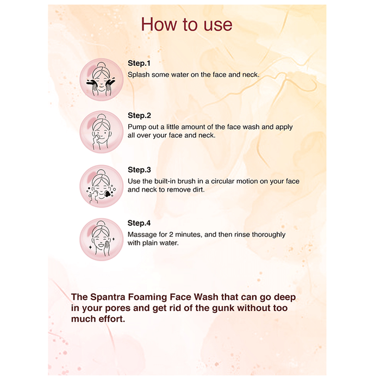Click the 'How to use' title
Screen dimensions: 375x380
tap(186, 24)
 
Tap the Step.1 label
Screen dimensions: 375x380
tap(139, 64)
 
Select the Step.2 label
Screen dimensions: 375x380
tap(139, 116)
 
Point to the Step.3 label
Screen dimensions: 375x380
tap(139, 170)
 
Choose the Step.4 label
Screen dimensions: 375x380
tap(139, 223)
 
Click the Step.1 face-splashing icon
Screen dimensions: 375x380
tap(102, 79)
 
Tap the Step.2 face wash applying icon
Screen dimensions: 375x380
tap(102, 132)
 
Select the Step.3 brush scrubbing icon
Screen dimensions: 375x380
tap(102, 186)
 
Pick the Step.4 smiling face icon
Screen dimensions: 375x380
tap(102, 239)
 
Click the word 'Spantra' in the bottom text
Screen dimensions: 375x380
tap(108, 297)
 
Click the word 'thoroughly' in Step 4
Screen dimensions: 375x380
tap(268, 235)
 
